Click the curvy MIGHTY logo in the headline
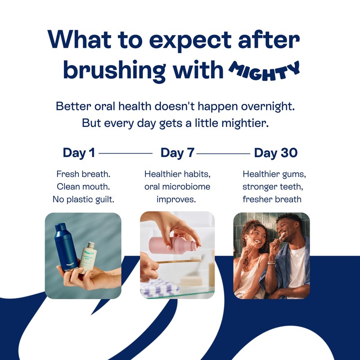tap(264, 71)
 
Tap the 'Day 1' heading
tap(79, 153)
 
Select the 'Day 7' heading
tap(177, 153)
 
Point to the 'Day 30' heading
tap(276, 153)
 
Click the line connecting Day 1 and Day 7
tap(126, 153)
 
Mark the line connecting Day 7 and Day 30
tap(223, 153)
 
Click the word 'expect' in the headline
tap(190, 41)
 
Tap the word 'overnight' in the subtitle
tap(268, 107)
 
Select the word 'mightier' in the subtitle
tap(245, 123)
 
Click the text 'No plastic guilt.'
tap(83, 199)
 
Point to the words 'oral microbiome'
tap(177, 187)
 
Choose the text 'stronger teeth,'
tap(273, 187)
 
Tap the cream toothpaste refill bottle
tap(88, 257)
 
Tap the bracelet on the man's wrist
tap(272, 263)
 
